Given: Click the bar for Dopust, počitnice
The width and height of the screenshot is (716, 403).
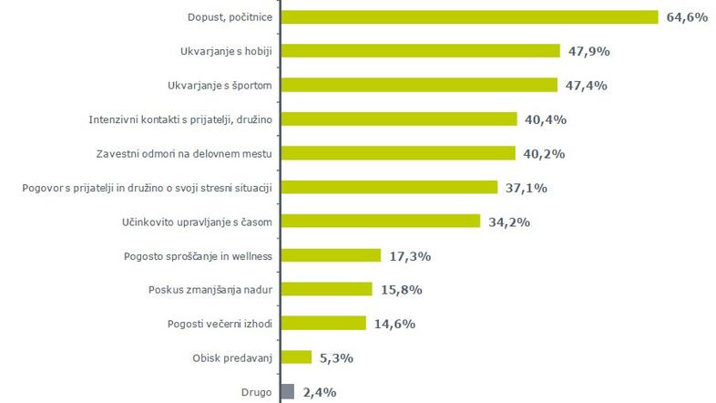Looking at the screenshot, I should click(x=470, y=17).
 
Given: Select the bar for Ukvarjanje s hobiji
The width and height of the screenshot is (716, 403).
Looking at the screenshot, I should click(x=420, y=51).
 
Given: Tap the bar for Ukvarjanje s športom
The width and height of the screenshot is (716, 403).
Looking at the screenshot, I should click(x=419, y=85).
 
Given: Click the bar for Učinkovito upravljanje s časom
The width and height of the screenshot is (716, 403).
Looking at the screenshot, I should click(x=380, y=221).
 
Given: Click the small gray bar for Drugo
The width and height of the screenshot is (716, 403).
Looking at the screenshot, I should click(x=288, y=391).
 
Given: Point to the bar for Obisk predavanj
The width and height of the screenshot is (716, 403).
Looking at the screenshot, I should click(x=296, y=356).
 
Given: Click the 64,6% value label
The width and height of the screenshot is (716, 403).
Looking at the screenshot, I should click(x=687, y=17).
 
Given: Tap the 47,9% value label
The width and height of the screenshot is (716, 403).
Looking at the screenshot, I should click(x=588, y=51).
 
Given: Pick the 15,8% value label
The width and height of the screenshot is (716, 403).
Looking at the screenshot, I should click(x=402, y=289).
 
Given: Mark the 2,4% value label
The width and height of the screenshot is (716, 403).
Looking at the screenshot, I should click(x=320, y=392).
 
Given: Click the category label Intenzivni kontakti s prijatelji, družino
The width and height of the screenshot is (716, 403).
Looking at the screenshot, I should click(x=182, y=119).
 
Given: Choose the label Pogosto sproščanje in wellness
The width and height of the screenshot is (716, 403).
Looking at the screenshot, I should click(x=200, y=255).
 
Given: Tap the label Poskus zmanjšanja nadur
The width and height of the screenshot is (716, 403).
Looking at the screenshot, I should click(x=211, y=289).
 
